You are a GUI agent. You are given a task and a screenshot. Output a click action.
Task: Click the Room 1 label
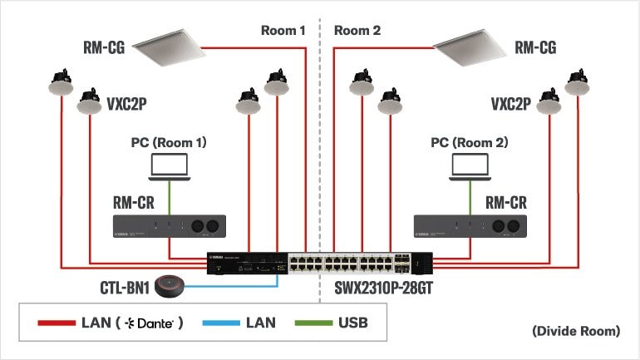click(x=283, y=31)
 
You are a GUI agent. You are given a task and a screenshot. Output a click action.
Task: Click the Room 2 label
click(x=357, y=31)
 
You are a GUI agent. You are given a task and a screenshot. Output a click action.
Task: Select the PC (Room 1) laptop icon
click(x=170, y=166)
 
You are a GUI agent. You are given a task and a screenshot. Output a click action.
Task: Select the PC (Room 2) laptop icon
click(x=470, y=166)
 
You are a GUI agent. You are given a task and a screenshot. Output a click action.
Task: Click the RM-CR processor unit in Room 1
click(x=170, y=226)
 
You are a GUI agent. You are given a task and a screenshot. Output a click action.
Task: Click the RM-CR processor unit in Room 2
click(x=470, y=226)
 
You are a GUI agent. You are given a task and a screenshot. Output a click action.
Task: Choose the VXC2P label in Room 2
click(x=510, y=105)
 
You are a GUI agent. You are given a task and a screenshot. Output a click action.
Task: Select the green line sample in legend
click(x=311, y=322)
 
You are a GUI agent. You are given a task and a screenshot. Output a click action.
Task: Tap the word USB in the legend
click(x=352, y=322)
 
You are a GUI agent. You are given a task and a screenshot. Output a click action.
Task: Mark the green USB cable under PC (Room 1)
click(x=170, y=198)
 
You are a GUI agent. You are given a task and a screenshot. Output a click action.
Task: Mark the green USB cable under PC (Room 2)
click(x=470, y=198)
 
